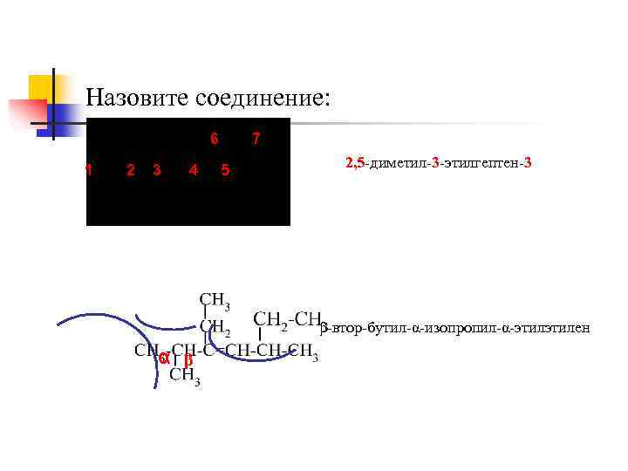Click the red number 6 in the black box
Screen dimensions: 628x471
coord(215,140)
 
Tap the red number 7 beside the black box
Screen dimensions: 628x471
coord(256,140)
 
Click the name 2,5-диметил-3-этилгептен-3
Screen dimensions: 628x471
coord(439,163)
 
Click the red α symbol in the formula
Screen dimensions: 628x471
coord(163,358)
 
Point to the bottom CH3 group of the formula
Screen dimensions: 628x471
coord(185,376)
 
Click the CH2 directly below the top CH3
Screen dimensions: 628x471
coord(214,326)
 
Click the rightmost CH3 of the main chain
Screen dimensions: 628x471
coord(302,352)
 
